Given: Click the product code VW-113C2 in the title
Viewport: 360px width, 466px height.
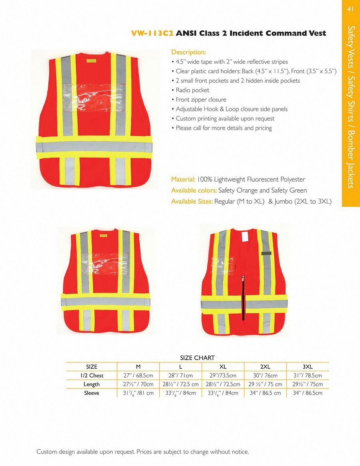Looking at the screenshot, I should coord(152,33).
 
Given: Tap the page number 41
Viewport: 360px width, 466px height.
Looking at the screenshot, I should coord(351,9).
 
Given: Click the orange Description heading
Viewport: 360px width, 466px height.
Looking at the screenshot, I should coord(188,52).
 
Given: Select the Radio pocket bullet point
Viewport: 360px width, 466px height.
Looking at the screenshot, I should coord(192,90).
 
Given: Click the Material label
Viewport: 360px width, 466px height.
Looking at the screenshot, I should coord(183,180).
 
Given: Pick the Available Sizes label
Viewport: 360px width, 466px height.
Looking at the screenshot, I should coord(192,202).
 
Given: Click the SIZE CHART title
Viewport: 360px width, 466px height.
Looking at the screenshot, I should coord(197,358).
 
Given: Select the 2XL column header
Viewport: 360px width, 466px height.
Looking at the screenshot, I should coord(265,367).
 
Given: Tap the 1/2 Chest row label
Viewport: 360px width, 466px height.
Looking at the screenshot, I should coord(91,376).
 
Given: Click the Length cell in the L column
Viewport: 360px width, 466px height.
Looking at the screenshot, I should coord(180,384).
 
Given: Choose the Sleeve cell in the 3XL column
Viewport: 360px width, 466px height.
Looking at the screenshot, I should coord(307,393).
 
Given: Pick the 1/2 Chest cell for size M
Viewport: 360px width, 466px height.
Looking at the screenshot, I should coord(138,376).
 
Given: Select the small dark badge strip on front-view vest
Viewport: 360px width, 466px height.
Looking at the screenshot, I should coord(266,253).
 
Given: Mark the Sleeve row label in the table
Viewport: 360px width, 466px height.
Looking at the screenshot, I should coord(91,393).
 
